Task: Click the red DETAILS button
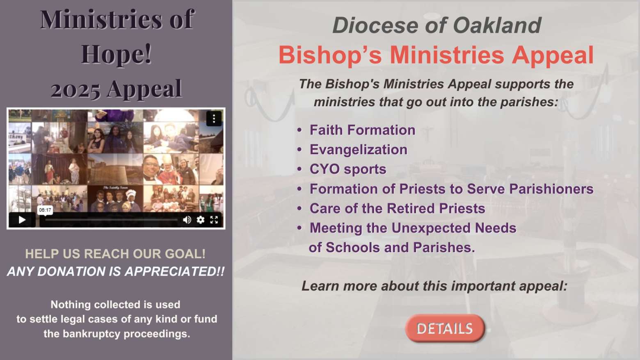tap(445, 328)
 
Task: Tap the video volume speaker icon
tap(187, 220)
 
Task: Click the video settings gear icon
tap(201, 220)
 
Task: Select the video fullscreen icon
tap(214, 220)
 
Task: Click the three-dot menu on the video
tap(214, 118)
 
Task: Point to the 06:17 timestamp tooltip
tap(45, 210)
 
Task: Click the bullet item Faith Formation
tap(362, 130)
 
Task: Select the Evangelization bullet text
tap(359, 150)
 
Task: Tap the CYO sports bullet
tap(348, 169)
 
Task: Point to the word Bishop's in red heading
tap(330, 55)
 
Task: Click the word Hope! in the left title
tap(116, 54)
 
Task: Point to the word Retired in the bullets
tap(412, 208)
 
